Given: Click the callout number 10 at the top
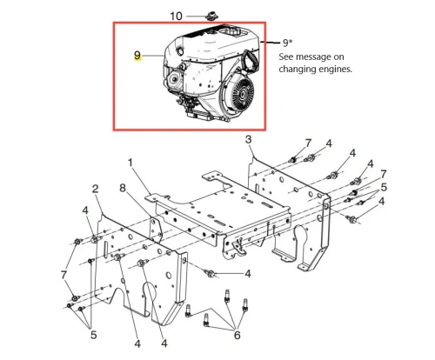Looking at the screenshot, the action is (176, 16).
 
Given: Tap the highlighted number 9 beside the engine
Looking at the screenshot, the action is (137, 56).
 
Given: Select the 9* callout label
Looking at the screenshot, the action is (287, 43).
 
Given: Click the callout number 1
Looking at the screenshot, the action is (130, 163).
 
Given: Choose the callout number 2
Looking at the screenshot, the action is (95, 189).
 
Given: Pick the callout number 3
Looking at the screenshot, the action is (248, 139).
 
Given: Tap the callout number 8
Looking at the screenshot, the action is (123, 188).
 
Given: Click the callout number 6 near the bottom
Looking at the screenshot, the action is (238, 335).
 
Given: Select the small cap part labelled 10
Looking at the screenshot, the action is (212, 16).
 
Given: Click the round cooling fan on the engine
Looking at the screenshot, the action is (243, 93).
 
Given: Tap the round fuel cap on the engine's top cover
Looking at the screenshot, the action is (180, 51).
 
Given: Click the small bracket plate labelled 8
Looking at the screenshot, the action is (156, 230).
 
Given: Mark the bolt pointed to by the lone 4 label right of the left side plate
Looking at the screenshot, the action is (211, 273).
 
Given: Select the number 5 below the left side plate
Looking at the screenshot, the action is (93, 335).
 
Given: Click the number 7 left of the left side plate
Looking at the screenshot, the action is (64, 275).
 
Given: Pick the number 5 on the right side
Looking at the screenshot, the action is (384, 187).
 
